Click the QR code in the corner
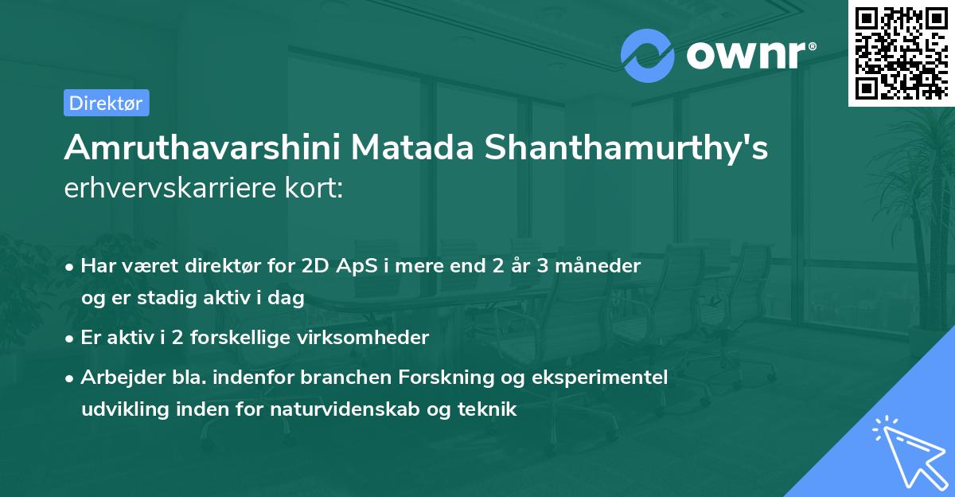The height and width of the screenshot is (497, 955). coord(900,53)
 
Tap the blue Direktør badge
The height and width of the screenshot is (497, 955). coord(106,103)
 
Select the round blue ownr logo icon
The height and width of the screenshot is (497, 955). coord(647,55)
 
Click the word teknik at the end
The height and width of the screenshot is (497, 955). coord(490,410)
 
